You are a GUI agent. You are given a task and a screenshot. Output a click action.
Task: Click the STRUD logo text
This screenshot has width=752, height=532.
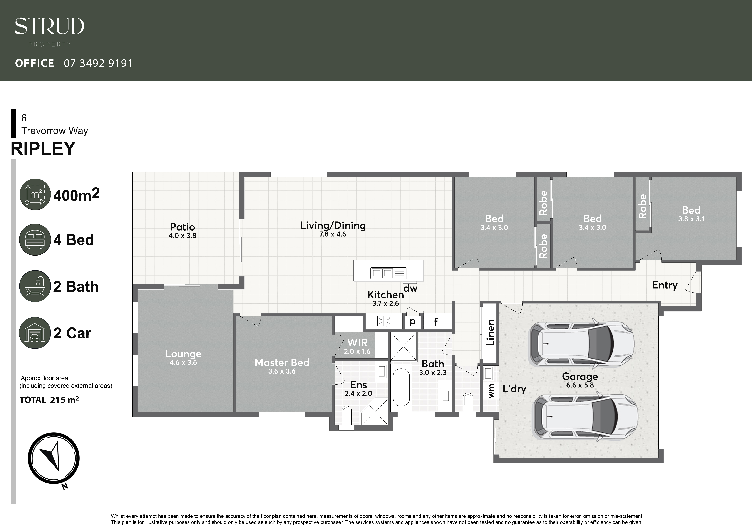pyautogui.click(x=49, y=26)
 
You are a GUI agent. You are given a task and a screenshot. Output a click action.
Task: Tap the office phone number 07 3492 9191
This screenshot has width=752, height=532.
pyautogui.click(x=98, y=63)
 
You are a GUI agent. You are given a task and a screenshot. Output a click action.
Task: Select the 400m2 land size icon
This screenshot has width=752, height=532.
pyautogui.click(x=35, y=194)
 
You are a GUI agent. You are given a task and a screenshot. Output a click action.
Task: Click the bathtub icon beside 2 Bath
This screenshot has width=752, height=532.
pyautogui.click(x=35, y=286)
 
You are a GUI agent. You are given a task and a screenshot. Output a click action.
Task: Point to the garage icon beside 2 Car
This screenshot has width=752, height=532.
pyautogui.click(x=35, y=333)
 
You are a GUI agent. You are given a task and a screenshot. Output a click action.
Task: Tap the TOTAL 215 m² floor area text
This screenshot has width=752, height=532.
pyautogui.click(x=49, y=400)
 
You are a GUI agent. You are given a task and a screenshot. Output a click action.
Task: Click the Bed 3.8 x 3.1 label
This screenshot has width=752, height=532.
pyautogui.click(x=691, y=214)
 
